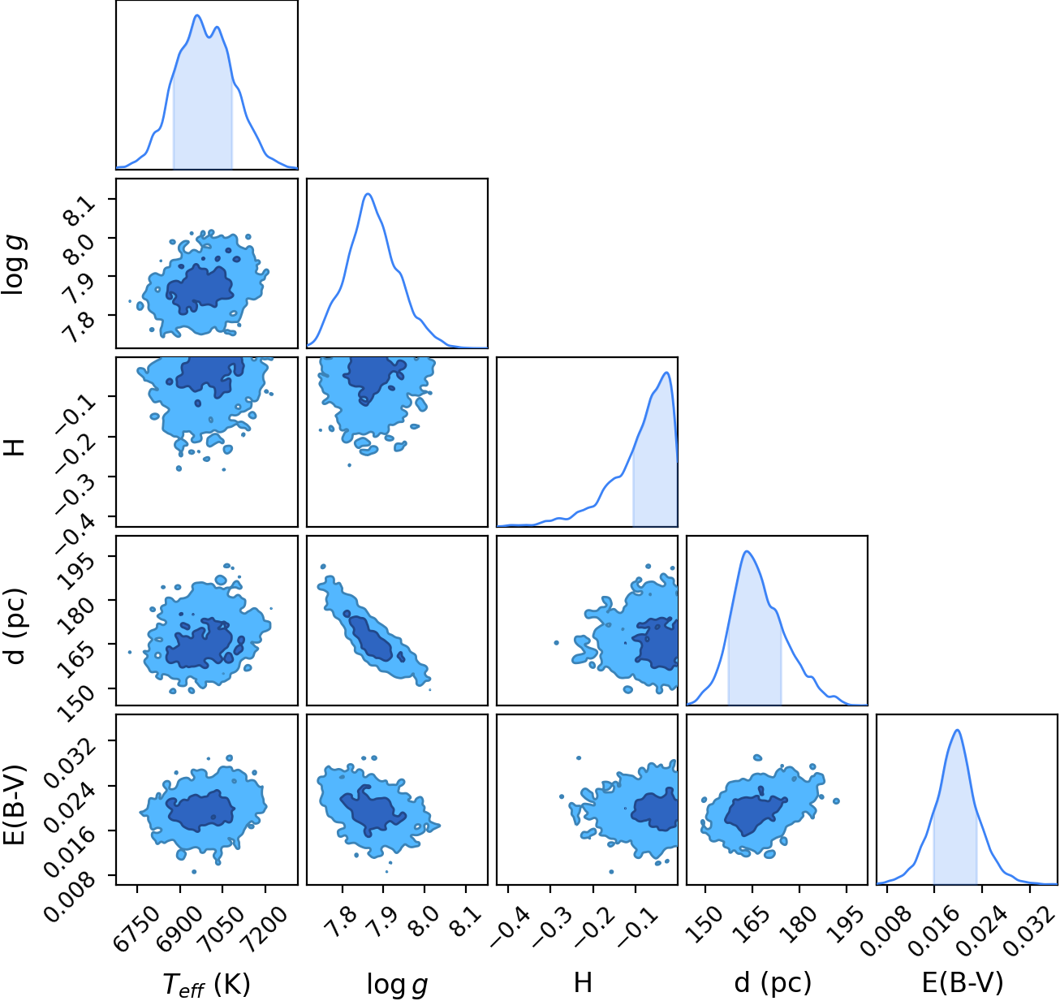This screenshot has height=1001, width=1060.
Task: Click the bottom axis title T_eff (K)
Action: [x=206, y=983]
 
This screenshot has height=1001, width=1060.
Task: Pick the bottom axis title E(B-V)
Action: [x=963, y=983]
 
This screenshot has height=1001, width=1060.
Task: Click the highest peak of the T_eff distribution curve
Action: [x=197, y=15]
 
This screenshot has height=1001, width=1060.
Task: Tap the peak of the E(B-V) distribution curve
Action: [x=957, y=730]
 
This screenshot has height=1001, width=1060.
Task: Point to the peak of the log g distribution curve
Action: [x=368, y=194]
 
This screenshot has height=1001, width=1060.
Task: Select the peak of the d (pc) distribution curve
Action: [x=747, y=551]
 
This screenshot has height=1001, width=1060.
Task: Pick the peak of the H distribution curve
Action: [x=666, y=372]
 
